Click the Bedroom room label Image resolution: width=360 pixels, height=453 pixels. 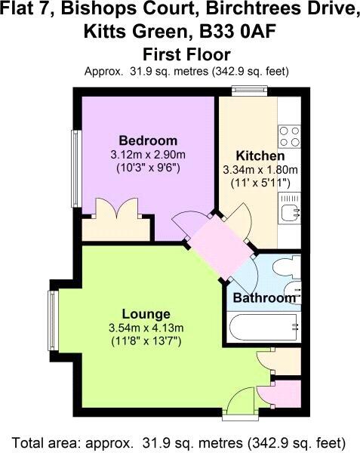[148, 140]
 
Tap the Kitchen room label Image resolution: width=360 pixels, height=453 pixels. [260, 156]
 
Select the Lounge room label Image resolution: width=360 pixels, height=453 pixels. [146, 314]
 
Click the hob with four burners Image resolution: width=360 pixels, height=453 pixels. [289, 137]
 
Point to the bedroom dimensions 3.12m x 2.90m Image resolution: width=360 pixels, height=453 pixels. [148, 155]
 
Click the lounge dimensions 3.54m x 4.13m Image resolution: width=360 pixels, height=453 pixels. [146, 328]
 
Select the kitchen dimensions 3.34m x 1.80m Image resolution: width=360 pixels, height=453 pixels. [260, 170]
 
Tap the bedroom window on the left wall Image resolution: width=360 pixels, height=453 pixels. [76, 168]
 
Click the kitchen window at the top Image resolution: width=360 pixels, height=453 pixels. [250, 90]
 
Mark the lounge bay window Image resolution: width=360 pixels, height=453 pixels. [53, 320]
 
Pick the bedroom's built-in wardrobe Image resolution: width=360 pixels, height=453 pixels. [116, 225]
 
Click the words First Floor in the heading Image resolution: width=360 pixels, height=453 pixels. [186, 54]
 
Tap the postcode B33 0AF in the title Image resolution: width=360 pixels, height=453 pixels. [237, 32]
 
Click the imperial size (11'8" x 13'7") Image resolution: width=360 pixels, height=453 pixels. [146, 342]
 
